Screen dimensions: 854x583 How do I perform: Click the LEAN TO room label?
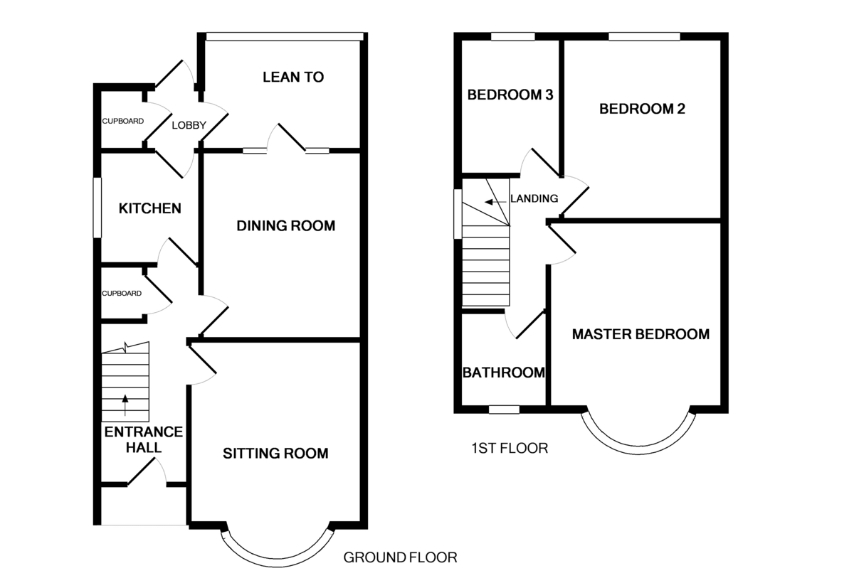pyautogui.click(x=293, y=77)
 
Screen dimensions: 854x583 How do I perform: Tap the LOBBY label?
pyautogui.click(x=189, y=125)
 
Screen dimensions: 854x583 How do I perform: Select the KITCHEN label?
pyautogui.click(x=150, y=209)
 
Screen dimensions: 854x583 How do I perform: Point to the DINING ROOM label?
pyautogui.click(x=286, y=226)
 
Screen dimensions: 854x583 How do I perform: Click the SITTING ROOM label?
pyautogui.click(x=275, y=453)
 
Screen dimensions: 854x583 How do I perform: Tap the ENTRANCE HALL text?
pyautogui.click(x=144, y=439)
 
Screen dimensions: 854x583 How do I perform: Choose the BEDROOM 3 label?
pyautogui.click(x=510, y=95)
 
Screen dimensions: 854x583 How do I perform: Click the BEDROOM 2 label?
pyautogui.click(x=642, y=109)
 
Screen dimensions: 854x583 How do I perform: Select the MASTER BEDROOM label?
pyautogui.click(x=641, y=334)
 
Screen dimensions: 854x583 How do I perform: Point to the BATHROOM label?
pyautogui.click(x=504, y=373)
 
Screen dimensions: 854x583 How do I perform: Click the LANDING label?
pyautogui.click(x=534, y=198)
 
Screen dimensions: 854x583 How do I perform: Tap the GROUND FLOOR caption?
pyautogui.click(x=400, y=557)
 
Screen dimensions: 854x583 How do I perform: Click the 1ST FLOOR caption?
pyautogui.click(x=510, y=448)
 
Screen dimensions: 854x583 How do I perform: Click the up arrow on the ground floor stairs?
pyautogui.click(x=125, y=405)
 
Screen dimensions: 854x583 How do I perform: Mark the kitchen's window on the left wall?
pyautogui.click(x=97, y=208)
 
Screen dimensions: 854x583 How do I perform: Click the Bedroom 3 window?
pyautogui.click(x=513, y=36)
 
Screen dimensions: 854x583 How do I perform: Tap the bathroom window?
pyautogui.click(x=504, y=410)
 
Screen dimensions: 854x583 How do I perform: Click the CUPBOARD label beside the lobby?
pyautogui.click(x=122, y=121)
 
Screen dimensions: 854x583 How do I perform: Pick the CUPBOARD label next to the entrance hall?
pyautogui.click(x=122, y=293)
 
